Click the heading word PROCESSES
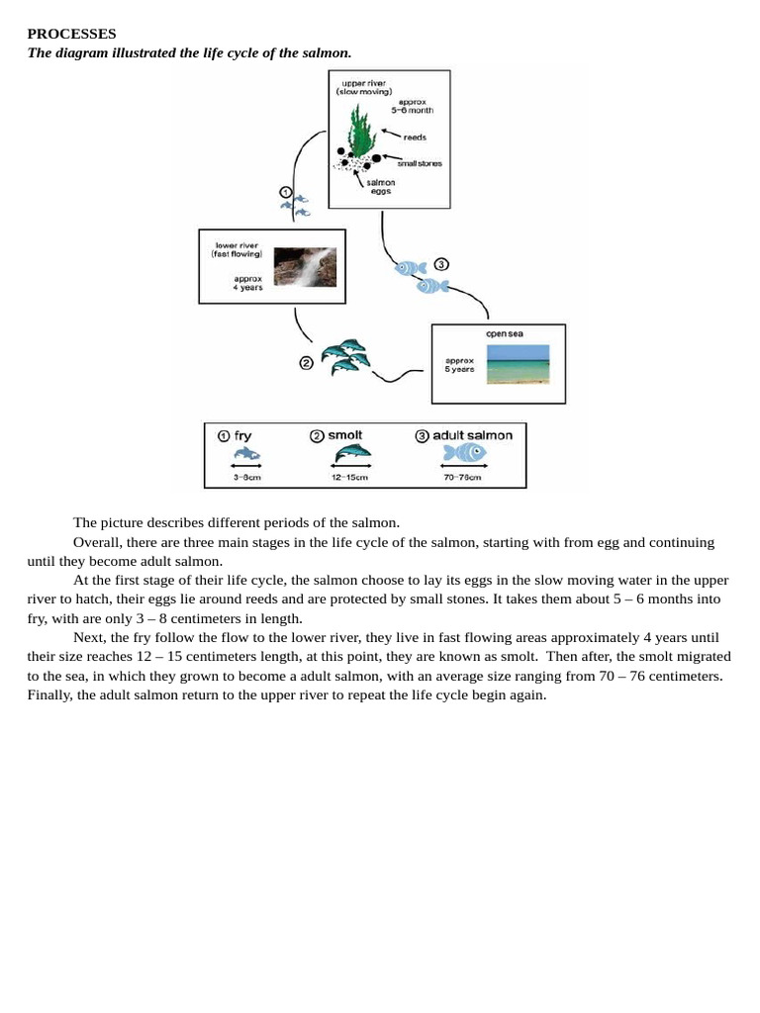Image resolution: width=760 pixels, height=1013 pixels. (x=71, y=34)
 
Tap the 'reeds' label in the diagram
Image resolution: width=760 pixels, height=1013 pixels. (x=415, y=138)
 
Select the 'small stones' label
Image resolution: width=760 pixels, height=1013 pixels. (x=420, y=163)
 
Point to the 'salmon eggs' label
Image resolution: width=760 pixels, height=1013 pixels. (x=380, y=186)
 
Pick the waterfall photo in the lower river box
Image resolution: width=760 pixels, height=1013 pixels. (x=305, y=266)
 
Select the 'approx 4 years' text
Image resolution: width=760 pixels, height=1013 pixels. (x=248, y=283)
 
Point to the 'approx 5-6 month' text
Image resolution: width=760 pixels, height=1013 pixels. (x=416, y=106)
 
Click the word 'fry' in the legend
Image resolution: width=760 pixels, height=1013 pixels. (x=242, y=435)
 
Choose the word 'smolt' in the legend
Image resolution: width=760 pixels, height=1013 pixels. (x=345, y=435)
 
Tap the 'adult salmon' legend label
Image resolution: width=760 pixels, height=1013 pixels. (x=472, y=435)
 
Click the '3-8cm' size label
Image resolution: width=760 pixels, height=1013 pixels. (x=246, y=478)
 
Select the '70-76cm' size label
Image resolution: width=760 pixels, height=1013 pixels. (x=463, y=478)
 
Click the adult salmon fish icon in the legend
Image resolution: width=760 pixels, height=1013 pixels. (x=464, y=453)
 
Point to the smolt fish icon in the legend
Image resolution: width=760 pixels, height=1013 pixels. (x=352, y=453)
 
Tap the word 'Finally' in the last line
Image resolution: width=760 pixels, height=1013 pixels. (x=50, y=694)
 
